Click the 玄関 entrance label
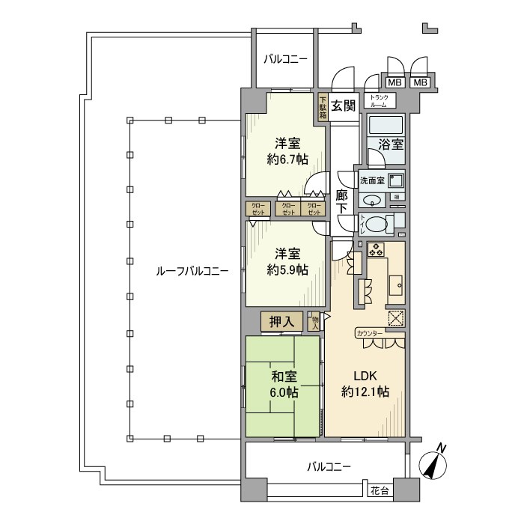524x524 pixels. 344,106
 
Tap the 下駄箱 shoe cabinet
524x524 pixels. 323,106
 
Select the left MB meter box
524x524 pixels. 394,82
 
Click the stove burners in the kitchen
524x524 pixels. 375,249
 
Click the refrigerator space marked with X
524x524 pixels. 396,317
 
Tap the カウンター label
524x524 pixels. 370,332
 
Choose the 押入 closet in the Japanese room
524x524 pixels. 282,322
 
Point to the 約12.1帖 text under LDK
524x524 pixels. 365,391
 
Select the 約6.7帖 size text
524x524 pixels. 287,159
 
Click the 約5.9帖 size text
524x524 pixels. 287,270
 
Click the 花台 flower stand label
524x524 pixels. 380,491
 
